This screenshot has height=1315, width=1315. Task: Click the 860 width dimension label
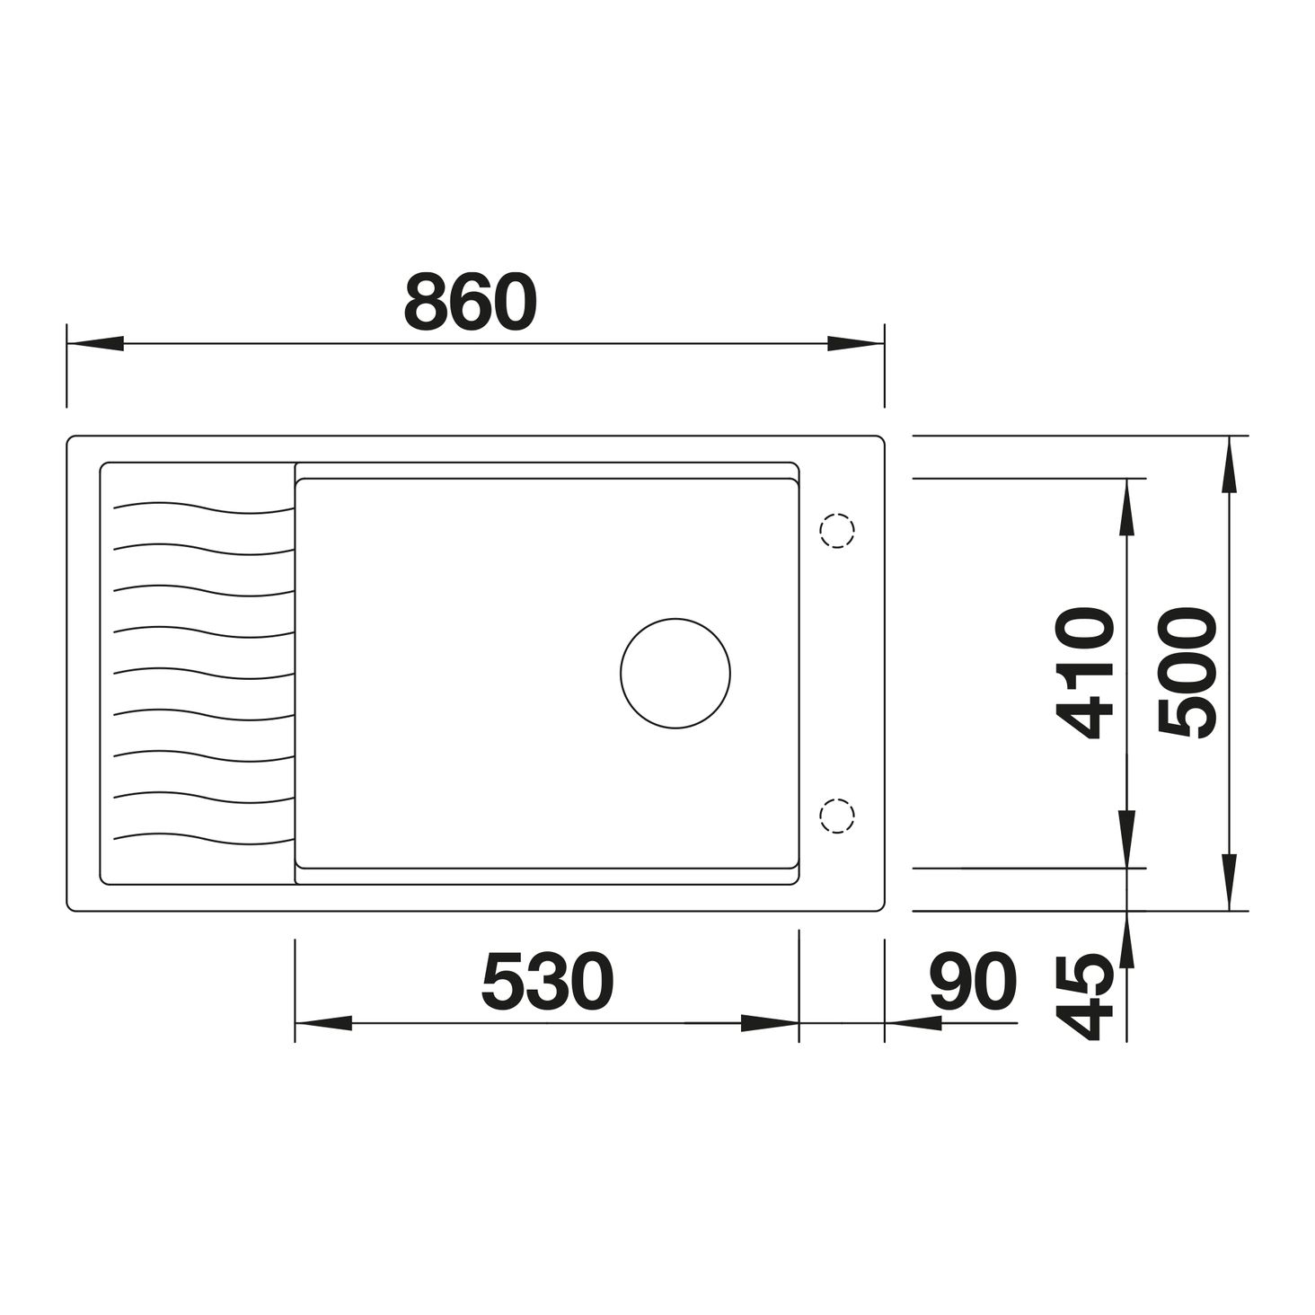471,303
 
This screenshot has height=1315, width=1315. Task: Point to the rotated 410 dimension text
1085,674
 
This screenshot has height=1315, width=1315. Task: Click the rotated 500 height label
1187,674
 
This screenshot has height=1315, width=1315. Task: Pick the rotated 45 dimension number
1085,997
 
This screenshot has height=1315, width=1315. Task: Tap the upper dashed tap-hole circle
836,530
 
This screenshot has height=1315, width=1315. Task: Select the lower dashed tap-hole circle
836,816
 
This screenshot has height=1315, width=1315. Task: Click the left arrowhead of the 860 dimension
95,343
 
